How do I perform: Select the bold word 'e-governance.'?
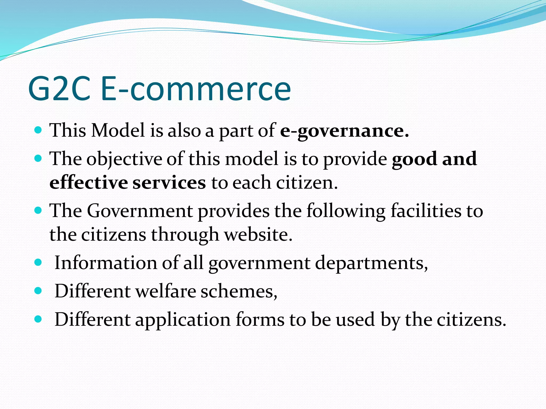(344, 131)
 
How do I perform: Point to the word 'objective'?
(124, 159)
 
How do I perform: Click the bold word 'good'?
(414, 159)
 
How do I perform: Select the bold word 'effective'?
(89, 183)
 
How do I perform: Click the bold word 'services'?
(169, 183)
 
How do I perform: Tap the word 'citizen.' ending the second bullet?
(307, 183)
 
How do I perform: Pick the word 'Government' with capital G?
(140, 211)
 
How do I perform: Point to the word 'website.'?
(258, 235)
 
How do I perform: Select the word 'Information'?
(106, 263)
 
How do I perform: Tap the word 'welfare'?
(166, 291)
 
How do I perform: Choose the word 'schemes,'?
(239, 291)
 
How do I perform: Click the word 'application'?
(183, 320)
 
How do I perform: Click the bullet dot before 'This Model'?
(38, 130)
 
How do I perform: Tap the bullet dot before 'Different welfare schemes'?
(38, 291)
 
